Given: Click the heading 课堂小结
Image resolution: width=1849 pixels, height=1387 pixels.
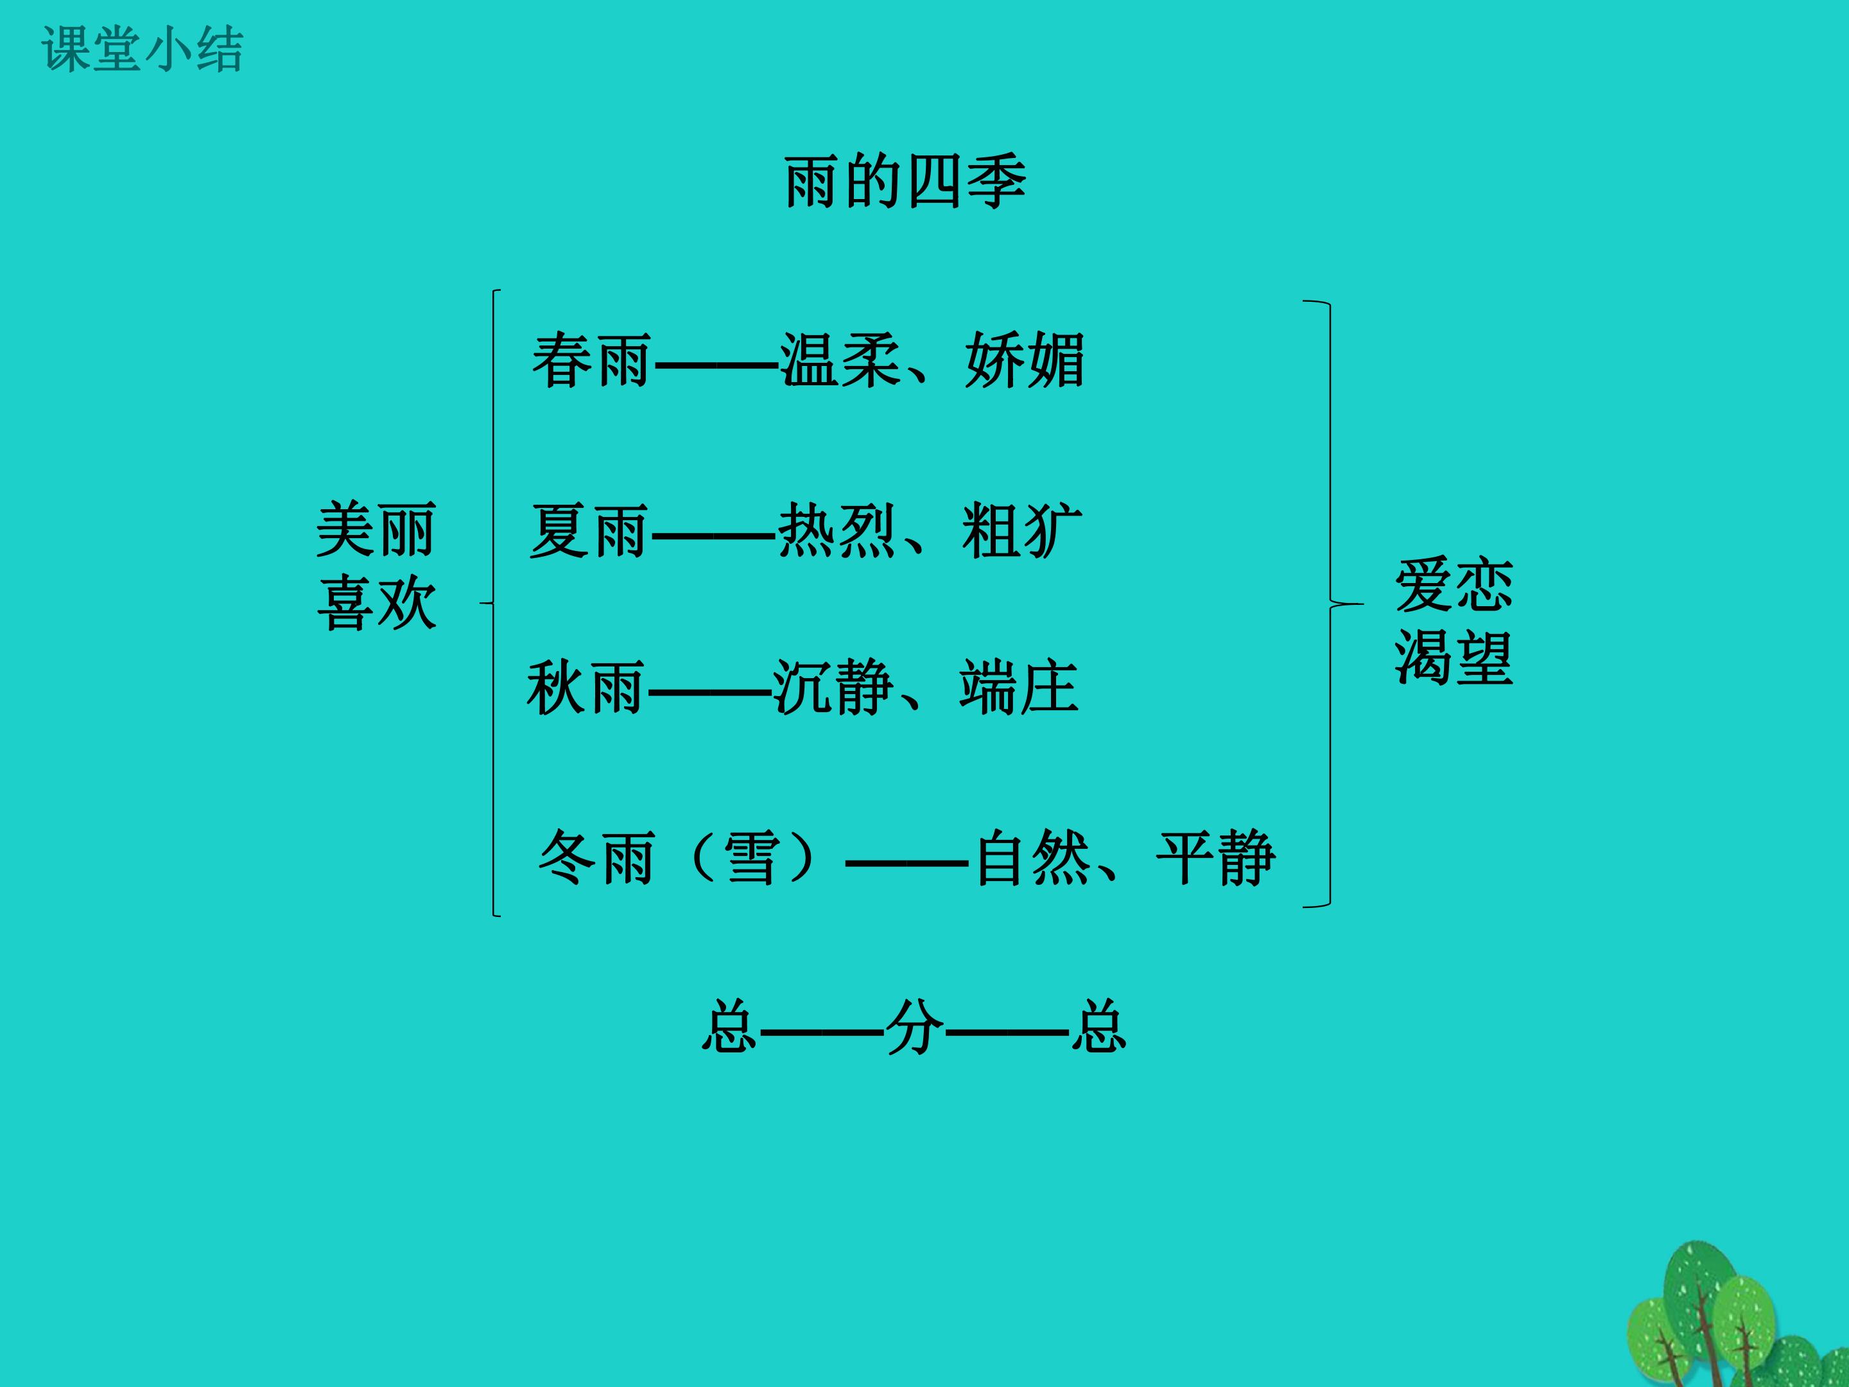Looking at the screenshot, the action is click(142, 49).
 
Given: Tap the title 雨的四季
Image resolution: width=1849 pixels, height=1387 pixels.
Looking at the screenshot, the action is click(905, 182).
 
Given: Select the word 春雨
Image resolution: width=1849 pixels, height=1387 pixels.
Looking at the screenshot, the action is click(592, 360).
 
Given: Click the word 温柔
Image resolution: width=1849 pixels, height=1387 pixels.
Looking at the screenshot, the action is click(840, 360).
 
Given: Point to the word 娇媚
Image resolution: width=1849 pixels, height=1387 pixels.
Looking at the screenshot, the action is click(1025, 360).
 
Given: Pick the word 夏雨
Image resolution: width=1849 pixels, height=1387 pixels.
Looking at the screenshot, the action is click(589, 531).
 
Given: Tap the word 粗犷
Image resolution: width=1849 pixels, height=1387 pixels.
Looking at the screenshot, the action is click(1022, 531).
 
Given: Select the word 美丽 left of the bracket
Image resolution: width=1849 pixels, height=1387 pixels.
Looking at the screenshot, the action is click(376, 530).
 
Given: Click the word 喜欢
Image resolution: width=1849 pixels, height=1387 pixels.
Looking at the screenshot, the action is click(376, 603).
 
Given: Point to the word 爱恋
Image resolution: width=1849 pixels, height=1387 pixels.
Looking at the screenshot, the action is click(1454, 586).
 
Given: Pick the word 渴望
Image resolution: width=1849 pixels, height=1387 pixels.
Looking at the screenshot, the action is click(1454, 658).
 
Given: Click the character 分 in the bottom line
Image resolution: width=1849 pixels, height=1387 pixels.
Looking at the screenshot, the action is click(914, 1027).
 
